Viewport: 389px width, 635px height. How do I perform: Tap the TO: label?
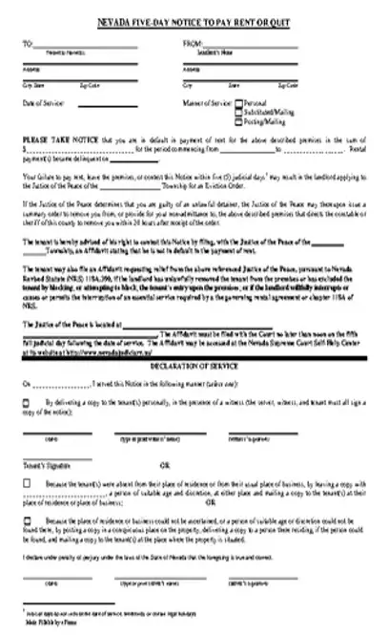[x=26, y=43]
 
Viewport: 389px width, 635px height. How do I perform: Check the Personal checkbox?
[x=237, y=101]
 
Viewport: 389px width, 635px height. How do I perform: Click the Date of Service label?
[x=43, y=101]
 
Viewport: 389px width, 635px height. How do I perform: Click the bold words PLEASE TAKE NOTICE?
[x=57, y=139]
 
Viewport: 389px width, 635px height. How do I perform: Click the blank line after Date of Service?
[x=114, y=103]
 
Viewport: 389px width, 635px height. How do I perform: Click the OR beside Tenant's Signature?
[x=167, y=464]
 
